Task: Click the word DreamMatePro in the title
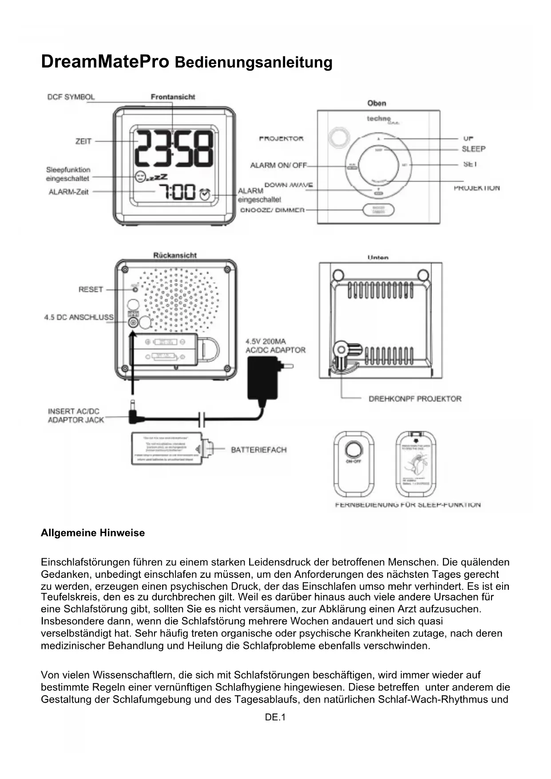tap(105, 62)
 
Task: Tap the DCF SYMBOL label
tap(71, 97)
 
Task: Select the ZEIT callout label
tap(83, 141)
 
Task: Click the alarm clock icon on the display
tap(205, 194)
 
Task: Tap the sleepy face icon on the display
tap(140, 176)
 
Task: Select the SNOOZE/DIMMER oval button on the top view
tap(378, 210)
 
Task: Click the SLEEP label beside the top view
tap(473, 149)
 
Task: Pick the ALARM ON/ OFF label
tap(278, 165)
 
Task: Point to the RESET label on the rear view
tap(91, 289)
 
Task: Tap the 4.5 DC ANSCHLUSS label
tap(79, 317)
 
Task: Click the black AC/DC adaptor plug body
tap(262, 380)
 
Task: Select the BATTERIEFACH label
tap(259, 450)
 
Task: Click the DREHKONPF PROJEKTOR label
tap(415, 399)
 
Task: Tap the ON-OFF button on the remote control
tap(353, 449)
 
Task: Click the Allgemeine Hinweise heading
tap(93, 533)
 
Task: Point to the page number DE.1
tap(275, 717)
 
